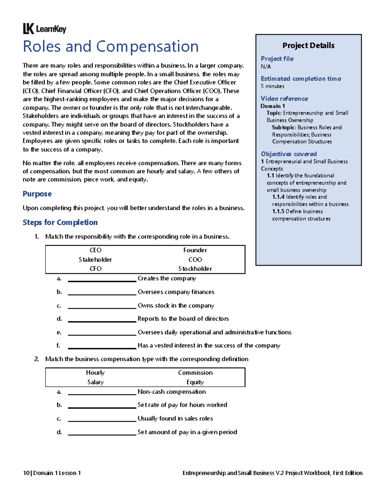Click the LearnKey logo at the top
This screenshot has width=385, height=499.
[x=45, y=29]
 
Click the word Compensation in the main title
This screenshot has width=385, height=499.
[x=147, y=47]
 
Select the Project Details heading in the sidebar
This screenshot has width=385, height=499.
[x=308, y=46]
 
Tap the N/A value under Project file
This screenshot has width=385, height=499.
[x=266, y=67]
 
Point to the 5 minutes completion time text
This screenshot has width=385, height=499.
[x=272, y=86]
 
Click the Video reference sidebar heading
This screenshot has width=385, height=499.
[x=284, y=99]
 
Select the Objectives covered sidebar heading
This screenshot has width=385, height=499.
[x=289, y=154]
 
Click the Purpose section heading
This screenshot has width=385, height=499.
[x=37, y=194]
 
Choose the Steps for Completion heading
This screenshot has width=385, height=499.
[x=60, y=222]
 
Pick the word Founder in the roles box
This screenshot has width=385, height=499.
[x=195, y=250]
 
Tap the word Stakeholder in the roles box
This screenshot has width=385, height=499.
[x=95, y=259]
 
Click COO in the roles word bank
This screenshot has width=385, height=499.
[x=195, y=259]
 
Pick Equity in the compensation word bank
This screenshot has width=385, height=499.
[x=195, y=382]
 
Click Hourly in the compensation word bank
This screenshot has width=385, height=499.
[x=95, y=373]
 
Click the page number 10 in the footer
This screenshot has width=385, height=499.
[x=26, y=473]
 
